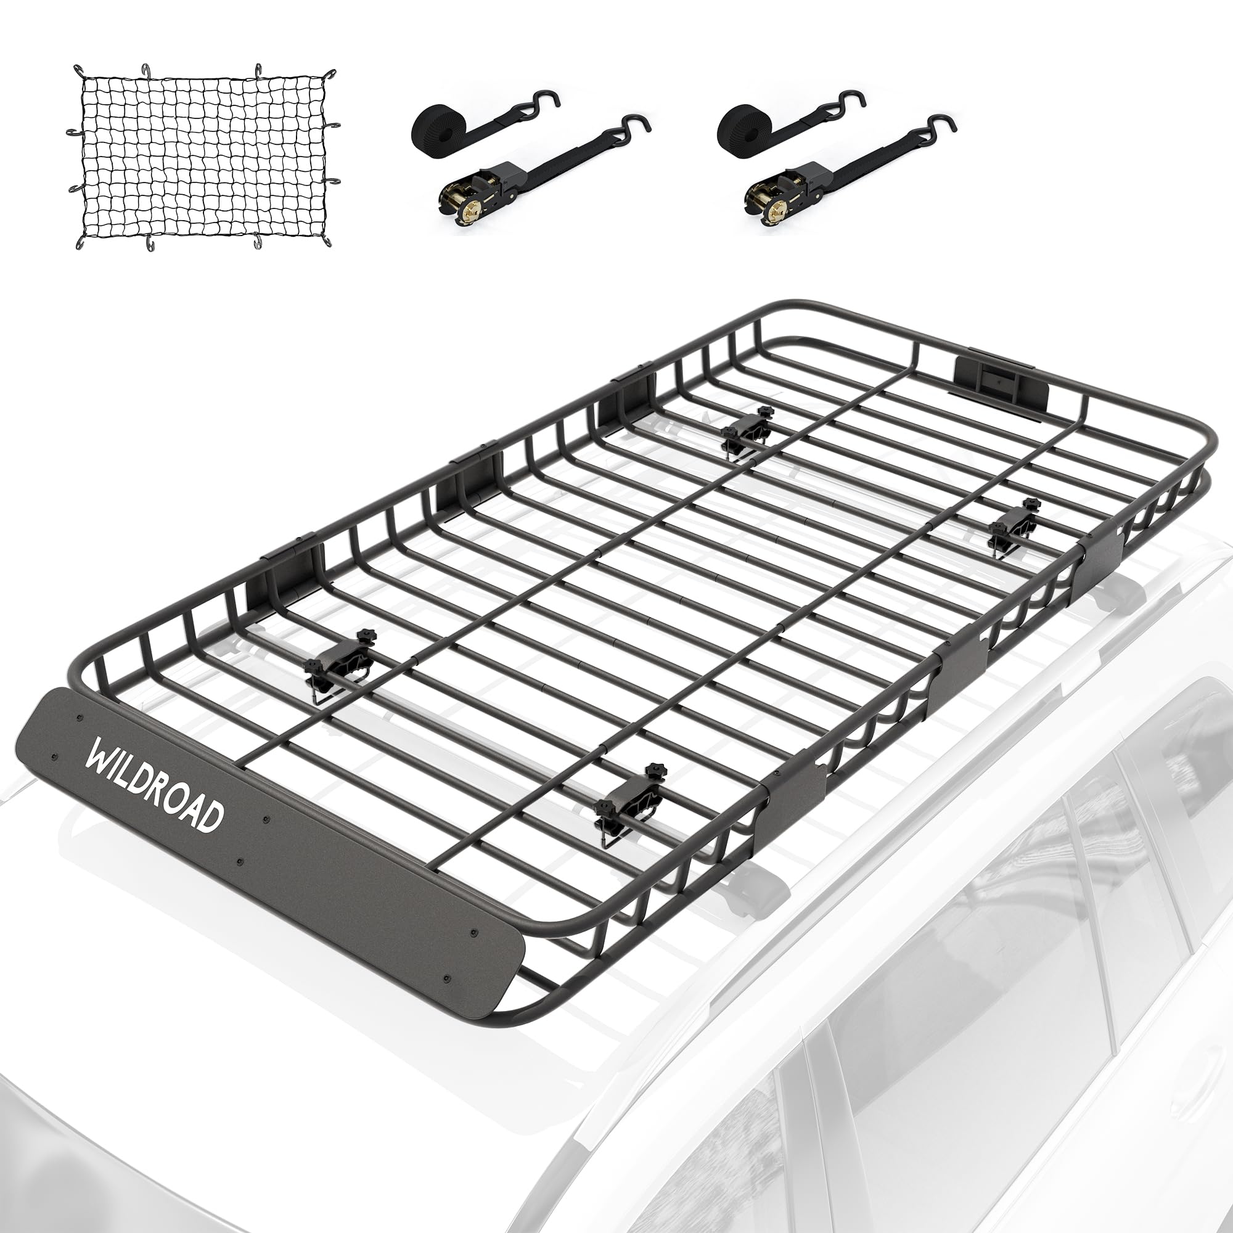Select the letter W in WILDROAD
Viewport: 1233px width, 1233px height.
[101, 756]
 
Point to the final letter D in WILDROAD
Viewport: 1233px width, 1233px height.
[211, 817]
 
